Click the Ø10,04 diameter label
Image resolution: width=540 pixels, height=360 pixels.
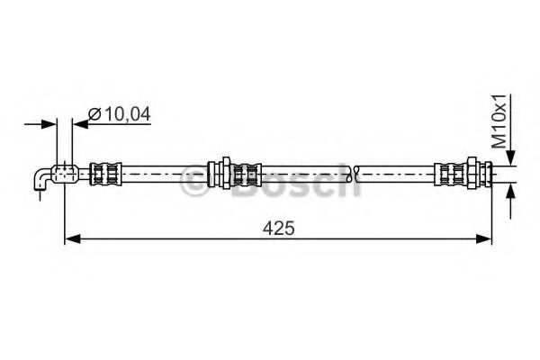121,113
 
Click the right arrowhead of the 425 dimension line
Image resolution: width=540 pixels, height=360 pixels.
487,238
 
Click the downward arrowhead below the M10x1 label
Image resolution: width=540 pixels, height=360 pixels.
510,157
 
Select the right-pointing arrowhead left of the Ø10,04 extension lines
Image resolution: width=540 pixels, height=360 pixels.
51,125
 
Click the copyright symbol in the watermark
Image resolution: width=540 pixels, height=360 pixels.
193,180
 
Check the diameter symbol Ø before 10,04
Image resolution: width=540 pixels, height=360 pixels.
94,113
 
